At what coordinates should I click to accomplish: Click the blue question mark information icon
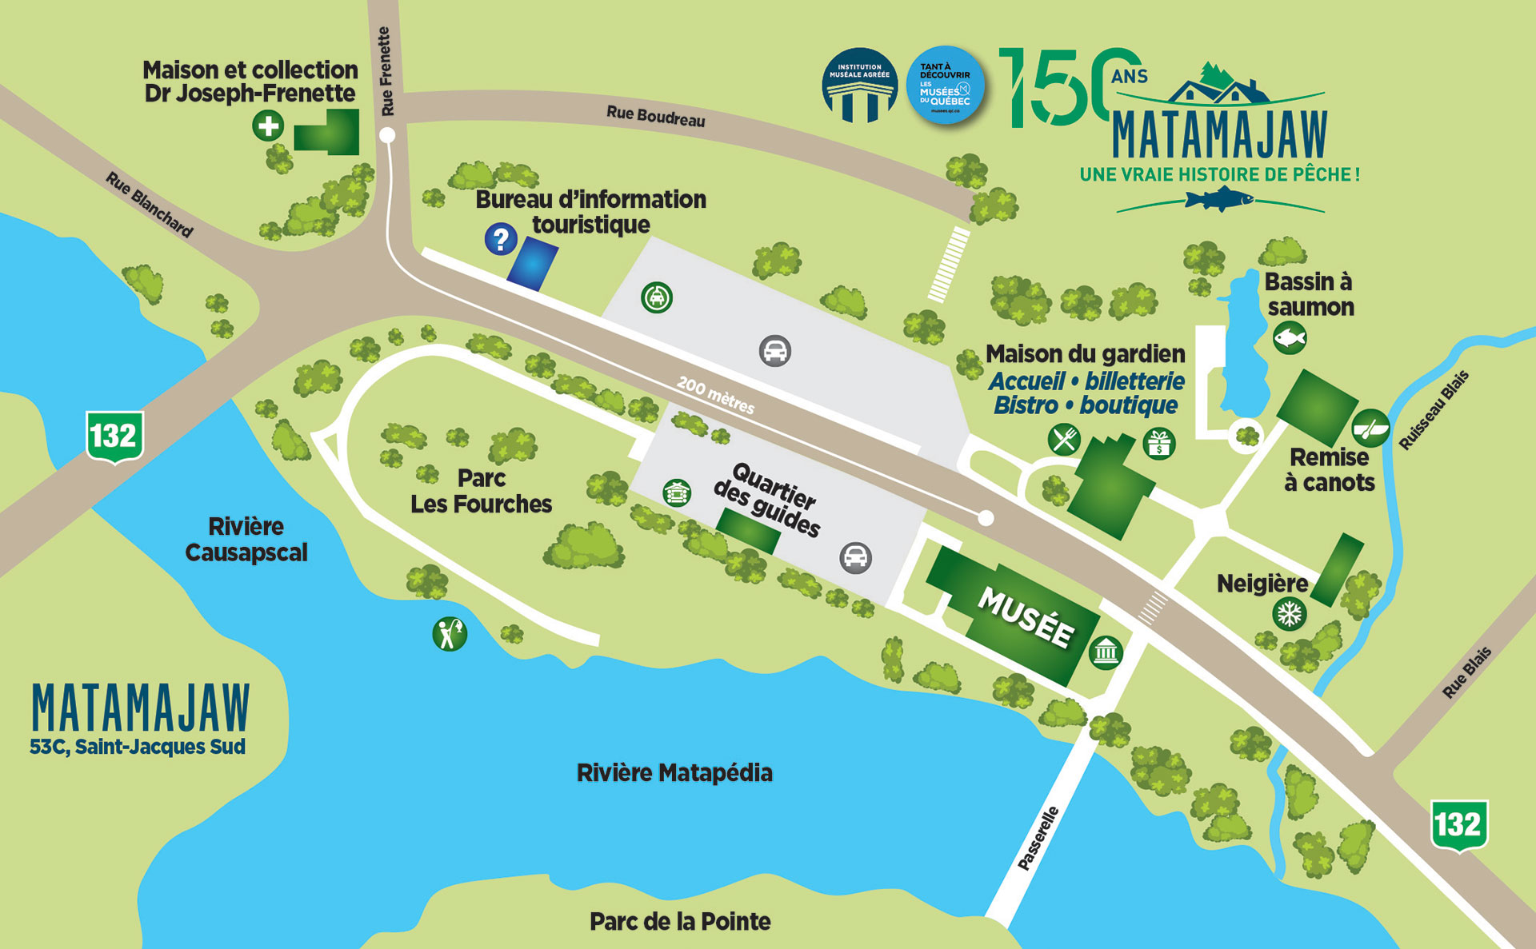tap(501, 238)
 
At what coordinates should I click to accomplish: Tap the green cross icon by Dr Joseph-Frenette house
tap(268, 126)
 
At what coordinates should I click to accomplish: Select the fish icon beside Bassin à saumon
tap(1290, 337)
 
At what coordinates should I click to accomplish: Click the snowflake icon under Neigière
tap(1289, 614)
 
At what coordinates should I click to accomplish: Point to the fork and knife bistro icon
tap(1064, 439)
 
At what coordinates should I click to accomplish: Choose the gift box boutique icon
tap(1159, 443)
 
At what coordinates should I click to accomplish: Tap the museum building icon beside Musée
tap(1106, 652)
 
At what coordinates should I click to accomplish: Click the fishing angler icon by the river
tap(449, 634)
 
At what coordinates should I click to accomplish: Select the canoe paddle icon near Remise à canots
tap(1370, 428)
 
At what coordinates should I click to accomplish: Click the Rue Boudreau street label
tap(655, 117)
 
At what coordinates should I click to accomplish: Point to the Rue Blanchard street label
tap(150, 205)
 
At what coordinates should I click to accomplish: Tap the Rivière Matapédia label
tap(674, 773)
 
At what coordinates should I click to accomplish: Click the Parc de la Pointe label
tap(680, 922)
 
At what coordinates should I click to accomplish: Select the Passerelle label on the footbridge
tap(1038, 838)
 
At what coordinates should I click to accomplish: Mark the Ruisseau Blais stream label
tap(1434, 410)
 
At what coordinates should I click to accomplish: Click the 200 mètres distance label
tap(715, 395)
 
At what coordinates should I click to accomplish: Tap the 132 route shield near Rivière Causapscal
tap(114, 437)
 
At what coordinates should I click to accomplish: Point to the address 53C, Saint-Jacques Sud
tap(138, 747)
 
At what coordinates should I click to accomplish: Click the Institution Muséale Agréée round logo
tap(859, 86)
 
